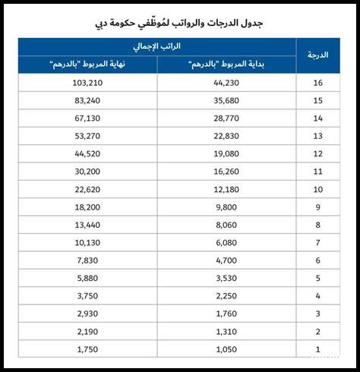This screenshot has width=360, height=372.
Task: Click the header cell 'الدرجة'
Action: (x=318, y=55)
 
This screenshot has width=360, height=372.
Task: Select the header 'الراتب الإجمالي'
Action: (x=159, y=47)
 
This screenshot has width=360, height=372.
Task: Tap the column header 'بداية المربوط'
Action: (x=227, y=65)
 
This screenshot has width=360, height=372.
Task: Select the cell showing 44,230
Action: (x=227, y=83)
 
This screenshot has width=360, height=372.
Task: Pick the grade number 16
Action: (x=318, y=83)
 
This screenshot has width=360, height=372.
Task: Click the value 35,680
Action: (x=227, y=100)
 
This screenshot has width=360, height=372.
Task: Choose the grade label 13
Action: (x=318, y=136)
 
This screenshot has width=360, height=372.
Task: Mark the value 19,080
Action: (x=227, y=153)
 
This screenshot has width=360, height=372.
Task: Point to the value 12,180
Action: (x=227, y=189)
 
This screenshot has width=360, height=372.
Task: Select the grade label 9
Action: (x=318, y=206)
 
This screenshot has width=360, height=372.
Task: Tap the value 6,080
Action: (x=227, y=242)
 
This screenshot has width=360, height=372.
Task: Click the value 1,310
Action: (x=227, y=331)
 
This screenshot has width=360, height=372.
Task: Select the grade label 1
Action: (x=318, y=348)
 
